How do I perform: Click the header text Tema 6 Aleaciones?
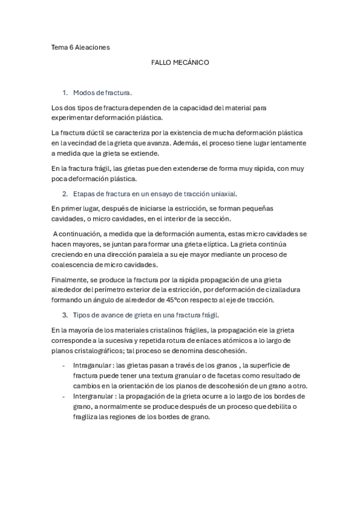pos(81,46)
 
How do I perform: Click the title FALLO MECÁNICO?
pos(180,62)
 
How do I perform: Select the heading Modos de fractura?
pos(102,93)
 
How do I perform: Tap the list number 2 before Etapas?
pos(64,194)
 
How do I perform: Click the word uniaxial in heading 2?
pos(224,194)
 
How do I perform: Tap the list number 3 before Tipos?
pos(64,315)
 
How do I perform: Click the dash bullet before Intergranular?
pos(64,396)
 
